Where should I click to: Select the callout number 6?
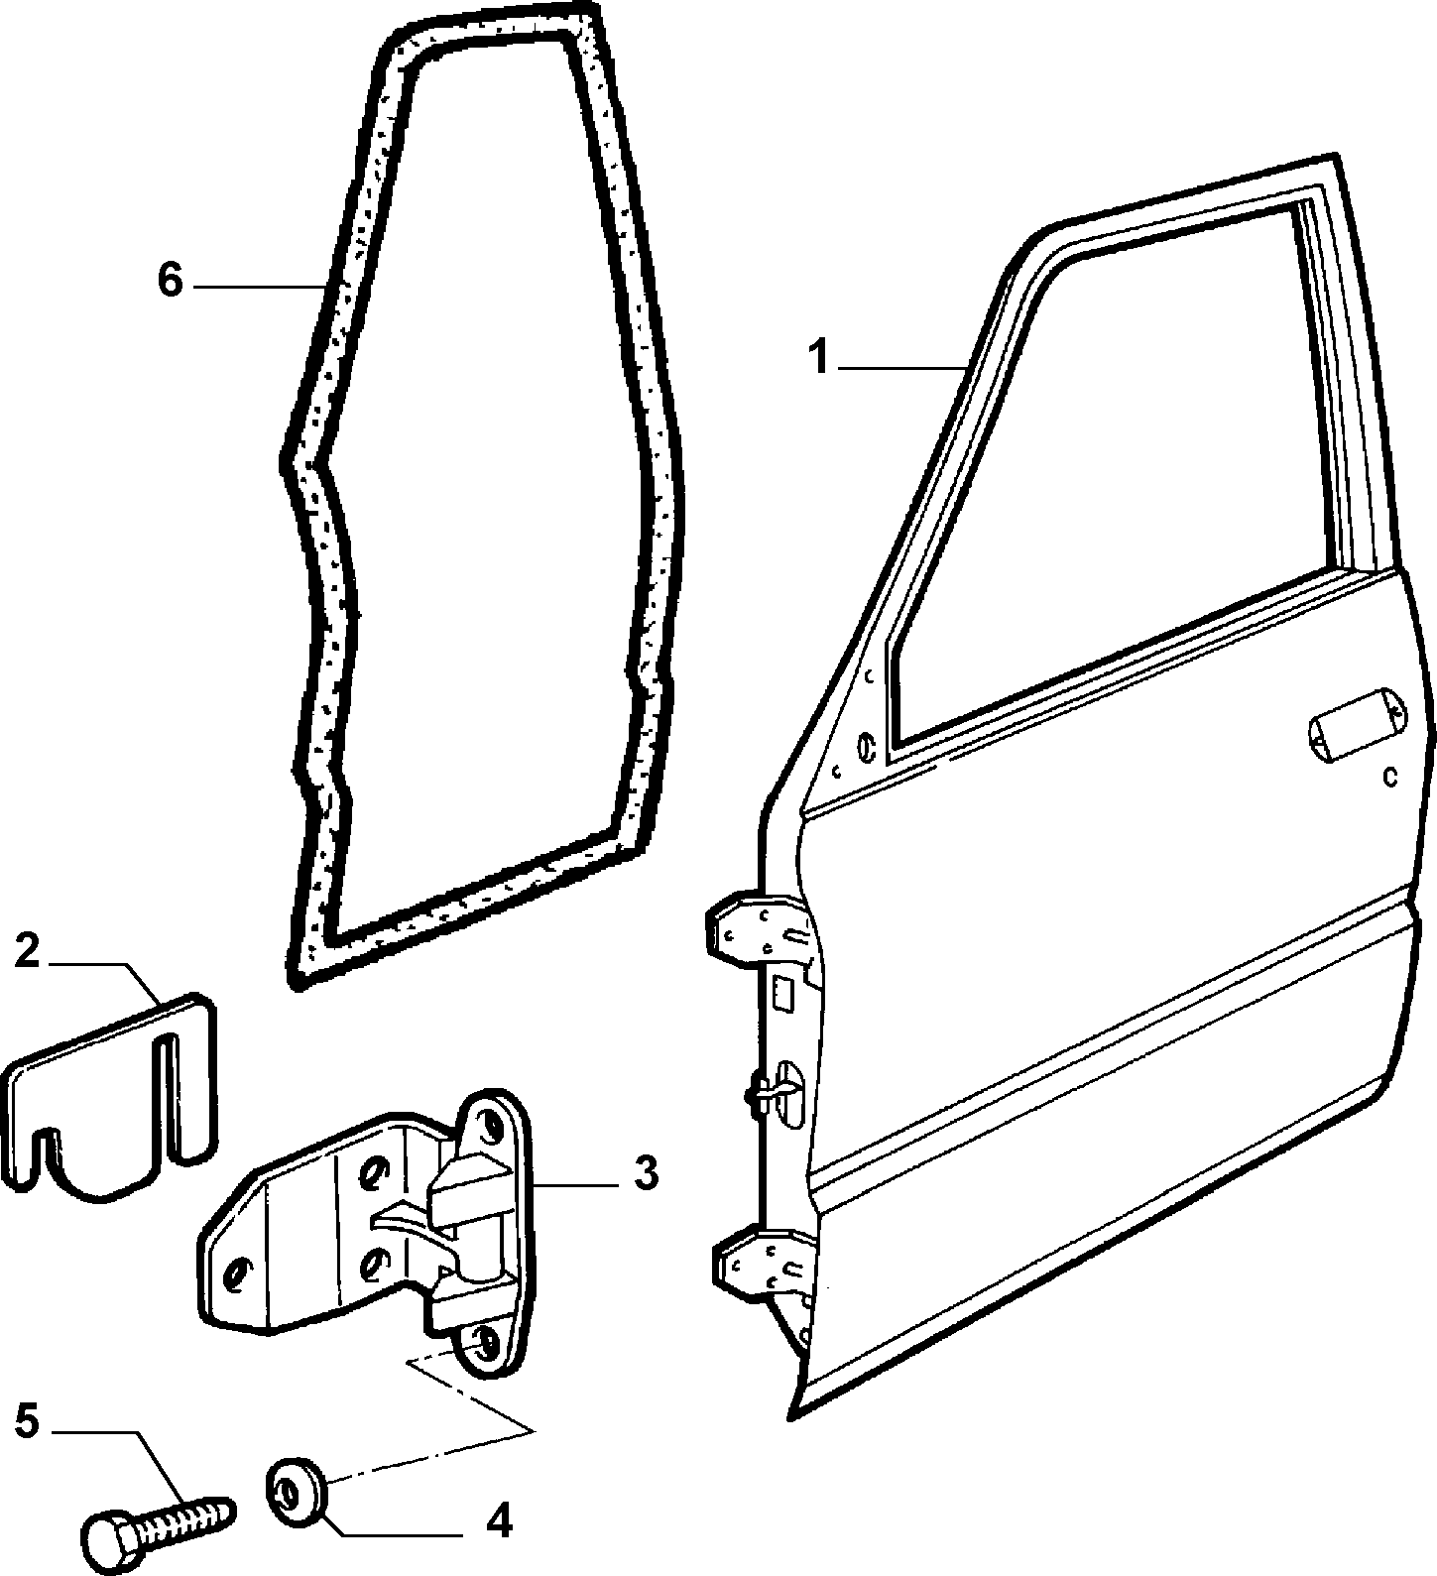171,280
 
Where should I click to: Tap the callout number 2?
28,953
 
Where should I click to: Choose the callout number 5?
28,1421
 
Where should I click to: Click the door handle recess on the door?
1359,724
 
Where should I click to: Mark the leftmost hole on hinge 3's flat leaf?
239,1273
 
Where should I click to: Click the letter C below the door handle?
1390,777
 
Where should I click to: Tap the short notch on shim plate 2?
46,1150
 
